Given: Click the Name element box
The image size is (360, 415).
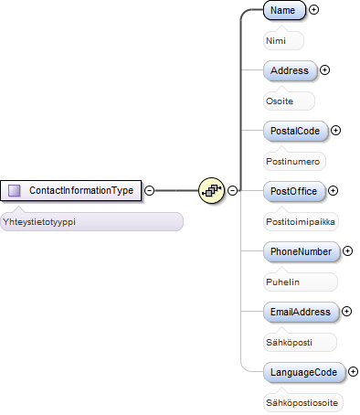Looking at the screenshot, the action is tap(284, 10).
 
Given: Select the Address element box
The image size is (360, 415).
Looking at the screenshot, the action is tap(290, 70).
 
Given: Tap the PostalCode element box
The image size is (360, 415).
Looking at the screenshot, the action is tap(295, 131).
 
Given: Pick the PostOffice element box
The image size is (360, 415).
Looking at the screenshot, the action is tap(294, 191).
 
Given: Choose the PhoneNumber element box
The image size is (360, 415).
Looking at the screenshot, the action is tap(301, 251).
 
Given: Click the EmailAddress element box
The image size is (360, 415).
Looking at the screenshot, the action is tap(301, 312).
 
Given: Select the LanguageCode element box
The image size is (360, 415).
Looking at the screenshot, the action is tap(304, 372).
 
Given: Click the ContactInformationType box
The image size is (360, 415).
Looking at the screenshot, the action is tap(71, 191).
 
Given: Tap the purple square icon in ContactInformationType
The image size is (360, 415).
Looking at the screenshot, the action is tap(15, 191).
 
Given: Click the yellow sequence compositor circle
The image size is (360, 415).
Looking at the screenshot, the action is tap(211, 191).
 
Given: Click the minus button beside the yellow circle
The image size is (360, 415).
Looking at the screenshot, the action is tap(232, 191).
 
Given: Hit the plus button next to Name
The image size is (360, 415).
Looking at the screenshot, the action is tap(313, 10).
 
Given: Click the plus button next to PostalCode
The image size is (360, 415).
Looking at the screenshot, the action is tap(335, 131).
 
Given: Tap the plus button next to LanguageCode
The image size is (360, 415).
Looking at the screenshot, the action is tap(353, 372).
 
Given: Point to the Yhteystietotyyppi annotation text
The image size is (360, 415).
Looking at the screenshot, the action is tap(39, 222).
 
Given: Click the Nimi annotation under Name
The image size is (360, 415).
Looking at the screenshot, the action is tap(276, 41).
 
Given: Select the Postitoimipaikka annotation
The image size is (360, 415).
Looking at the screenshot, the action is tap(301, 222).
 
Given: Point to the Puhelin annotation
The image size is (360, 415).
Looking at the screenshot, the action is tap(282, 282).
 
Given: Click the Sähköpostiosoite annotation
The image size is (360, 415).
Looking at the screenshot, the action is tap(302, 403).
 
